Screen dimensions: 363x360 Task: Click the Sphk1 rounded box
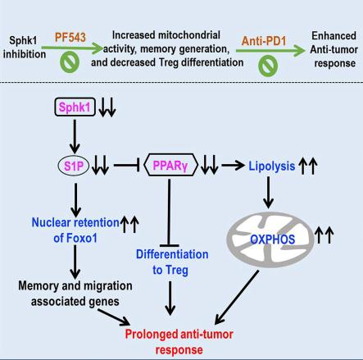coord(75,107)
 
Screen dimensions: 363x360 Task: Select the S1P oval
coord(74,166)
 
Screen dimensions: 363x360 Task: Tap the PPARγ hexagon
coord(170,164)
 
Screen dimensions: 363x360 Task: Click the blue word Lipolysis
coord(271,166)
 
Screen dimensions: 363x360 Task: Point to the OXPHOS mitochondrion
coord(270,239)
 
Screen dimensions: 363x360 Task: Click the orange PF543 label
coord(70,37)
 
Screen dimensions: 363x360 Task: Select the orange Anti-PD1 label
coord(264,41)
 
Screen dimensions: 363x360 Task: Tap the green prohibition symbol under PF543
coord(70,62)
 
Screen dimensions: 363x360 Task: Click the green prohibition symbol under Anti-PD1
coord(268,66)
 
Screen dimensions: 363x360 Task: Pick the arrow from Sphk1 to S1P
coord(75,136)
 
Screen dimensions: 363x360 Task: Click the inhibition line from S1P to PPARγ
coord(127,165)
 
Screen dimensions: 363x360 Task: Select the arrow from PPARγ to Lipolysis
coord(233,165)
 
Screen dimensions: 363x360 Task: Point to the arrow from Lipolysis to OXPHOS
coord(268,193)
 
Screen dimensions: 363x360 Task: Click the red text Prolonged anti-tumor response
coord(179,342)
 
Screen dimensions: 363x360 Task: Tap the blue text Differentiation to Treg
coord(172,262)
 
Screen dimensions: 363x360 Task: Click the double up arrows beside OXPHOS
coord(324,235)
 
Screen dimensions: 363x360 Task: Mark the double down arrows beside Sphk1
coord(107,107)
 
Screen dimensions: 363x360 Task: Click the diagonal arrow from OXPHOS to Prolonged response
coord(237,297)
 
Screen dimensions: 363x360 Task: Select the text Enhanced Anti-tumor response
coord(334,49)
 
